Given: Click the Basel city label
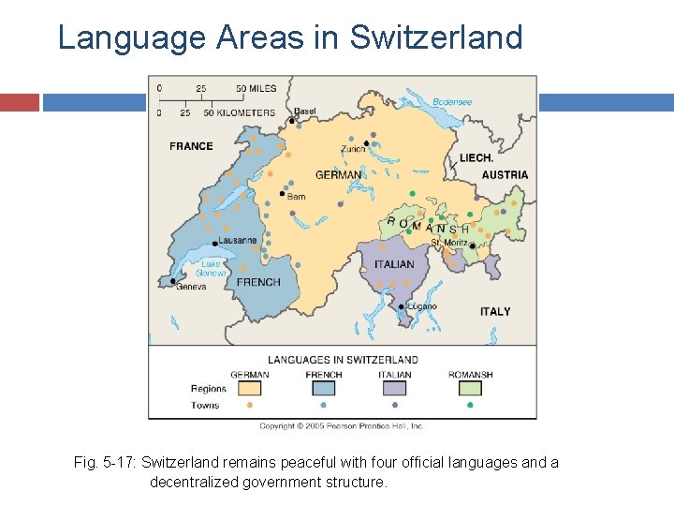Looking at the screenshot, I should point(305,112).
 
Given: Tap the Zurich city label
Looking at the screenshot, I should point(353,149).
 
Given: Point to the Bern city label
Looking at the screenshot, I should point(296,197).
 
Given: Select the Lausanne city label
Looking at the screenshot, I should point(237,241).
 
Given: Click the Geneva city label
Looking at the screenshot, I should point(192,287).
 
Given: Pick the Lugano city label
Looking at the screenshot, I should point(422,306).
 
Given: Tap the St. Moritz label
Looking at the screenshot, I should point(449,244).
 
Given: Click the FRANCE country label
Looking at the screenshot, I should point(191,146).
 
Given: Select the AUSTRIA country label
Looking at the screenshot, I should point(505,175).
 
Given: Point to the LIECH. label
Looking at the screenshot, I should point(476,158).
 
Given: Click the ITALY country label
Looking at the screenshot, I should point(495,311).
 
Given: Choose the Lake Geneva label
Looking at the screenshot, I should point(212,268).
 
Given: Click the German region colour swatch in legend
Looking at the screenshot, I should point(249,388).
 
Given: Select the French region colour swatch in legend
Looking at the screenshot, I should point(323,388).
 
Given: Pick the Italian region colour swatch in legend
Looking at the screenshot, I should point(395,388).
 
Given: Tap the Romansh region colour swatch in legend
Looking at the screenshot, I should point(469,388).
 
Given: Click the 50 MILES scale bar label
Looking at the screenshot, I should point(256,89).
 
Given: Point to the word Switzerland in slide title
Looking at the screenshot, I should point(435,37).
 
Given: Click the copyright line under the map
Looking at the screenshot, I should point(341,426).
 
